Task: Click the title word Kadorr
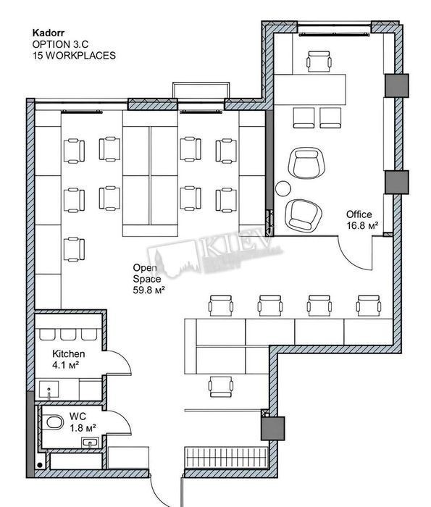(49, 33)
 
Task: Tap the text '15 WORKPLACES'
(74, 56)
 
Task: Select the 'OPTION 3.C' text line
(60, 44)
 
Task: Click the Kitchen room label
(69, 353)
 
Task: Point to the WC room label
(78, 417)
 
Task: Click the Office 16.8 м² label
(362, 220)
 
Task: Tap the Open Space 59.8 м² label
(149, 279)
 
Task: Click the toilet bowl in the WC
(54, 422)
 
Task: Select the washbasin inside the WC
(91, 443)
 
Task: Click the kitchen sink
(49, 390)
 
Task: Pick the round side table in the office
(283, 189)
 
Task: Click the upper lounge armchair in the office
(306, 163)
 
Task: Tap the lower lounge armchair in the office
(304, 215)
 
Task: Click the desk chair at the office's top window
(319, 61)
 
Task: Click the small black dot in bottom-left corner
(40, 465)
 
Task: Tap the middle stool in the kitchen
(68, 335)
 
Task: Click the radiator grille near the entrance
(226, 457)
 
